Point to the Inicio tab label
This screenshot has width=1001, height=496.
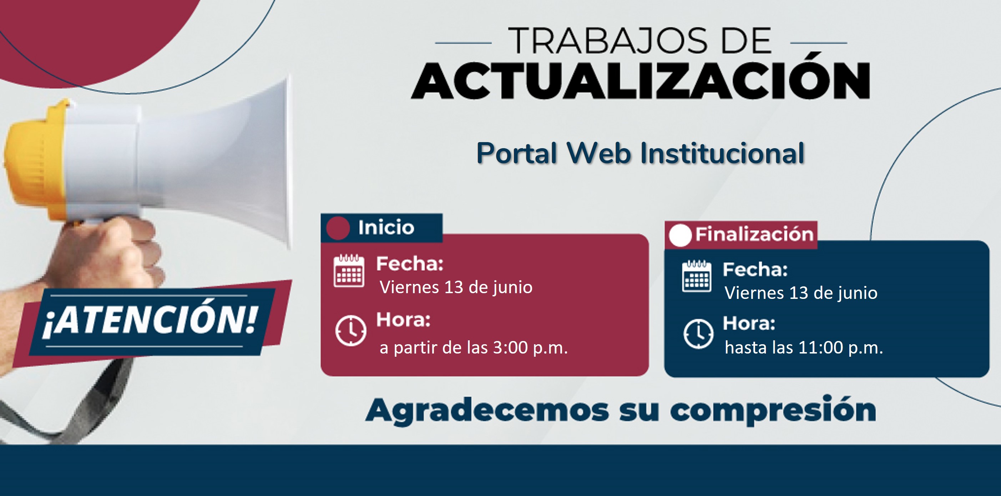coord(386,227)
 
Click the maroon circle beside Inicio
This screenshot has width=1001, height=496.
coord(338,228)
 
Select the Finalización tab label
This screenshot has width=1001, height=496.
coord(754,234)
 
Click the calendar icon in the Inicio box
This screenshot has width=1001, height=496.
coord(349,271)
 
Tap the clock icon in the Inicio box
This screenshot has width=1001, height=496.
coord(350,331)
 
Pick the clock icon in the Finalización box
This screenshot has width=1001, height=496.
coord(698,334)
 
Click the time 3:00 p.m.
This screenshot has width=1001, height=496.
coord(530,347)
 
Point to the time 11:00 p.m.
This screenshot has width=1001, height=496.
coord(840,347)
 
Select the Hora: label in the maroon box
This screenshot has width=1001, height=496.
coord(403,320)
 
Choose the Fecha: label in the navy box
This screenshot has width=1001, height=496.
coord(755,269)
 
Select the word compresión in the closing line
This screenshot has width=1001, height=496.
coord(773,411)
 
